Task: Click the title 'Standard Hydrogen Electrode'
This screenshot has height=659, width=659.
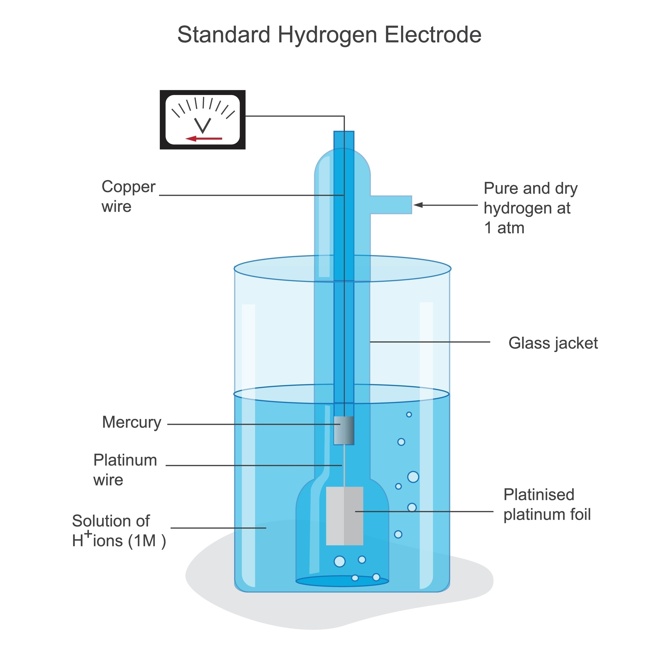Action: click(329, 35)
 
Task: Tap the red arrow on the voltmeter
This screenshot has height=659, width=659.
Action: click(204, 138)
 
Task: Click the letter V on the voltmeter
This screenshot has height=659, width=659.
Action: click(203, 125)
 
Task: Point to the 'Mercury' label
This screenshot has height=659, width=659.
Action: click(132, 422)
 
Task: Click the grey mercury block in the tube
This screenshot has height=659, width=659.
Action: click(344, 431)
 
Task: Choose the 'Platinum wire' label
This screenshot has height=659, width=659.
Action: click(125, 470)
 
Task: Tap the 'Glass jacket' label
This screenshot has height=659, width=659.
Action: click(553, 343)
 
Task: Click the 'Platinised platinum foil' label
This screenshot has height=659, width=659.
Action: click(547, 505)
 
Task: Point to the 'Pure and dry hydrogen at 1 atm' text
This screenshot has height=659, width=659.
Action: click(530, 208)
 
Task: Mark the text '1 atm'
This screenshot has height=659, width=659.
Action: click(504, 228)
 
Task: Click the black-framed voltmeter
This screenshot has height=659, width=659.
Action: click(203, 120)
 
